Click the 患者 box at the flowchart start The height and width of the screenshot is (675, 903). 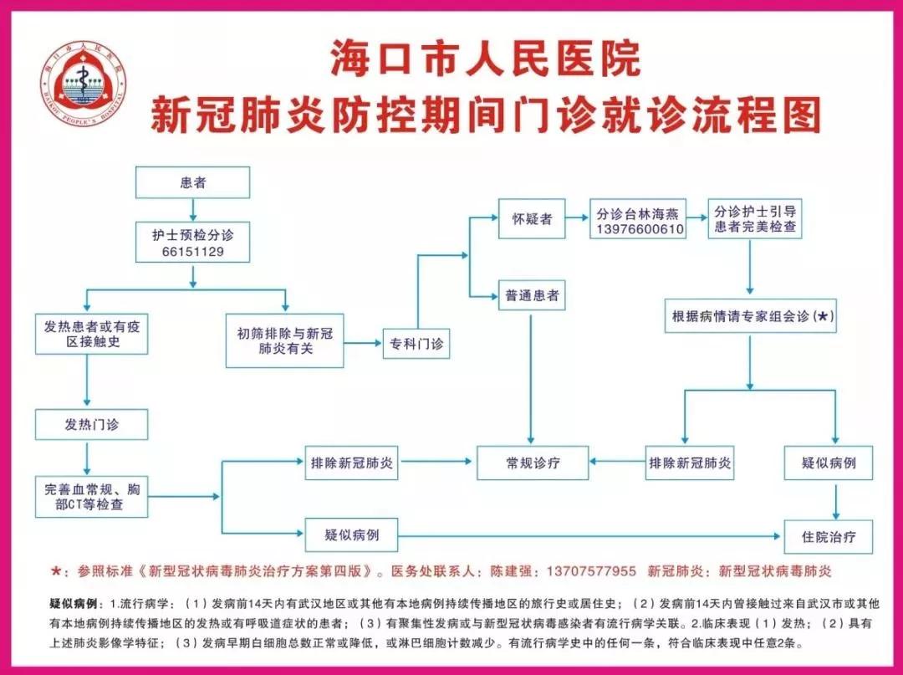[192, 182]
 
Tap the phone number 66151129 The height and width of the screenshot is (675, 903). [192, 252]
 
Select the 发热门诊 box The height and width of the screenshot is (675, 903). [92, 424]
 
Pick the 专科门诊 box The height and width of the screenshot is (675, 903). [416, 344]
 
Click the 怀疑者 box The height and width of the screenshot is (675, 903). [532, 219]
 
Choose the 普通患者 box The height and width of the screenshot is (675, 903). [532, 296]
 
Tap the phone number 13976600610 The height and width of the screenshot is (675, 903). [637, 229]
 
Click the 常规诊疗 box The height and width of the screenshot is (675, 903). [533, 463]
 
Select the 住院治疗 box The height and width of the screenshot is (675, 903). [828, 537]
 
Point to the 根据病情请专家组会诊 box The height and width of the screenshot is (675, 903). [750, 315]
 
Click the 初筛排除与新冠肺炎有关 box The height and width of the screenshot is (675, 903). [284, 340]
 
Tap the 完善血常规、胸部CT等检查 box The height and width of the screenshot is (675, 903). [92, 497]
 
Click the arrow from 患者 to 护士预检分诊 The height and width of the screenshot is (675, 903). [193, 210]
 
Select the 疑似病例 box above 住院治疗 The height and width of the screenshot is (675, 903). [828, 463]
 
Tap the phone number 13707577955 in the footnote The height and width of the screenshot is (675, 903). [591, 571]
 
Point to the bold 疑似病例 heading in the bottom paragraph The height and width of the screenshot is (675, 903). [73, 604]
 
